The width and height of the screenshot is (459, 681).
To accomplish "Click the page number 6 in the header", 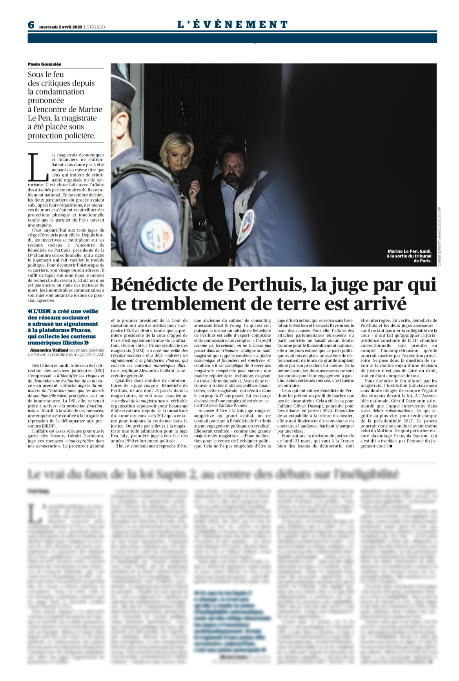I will point(31,25).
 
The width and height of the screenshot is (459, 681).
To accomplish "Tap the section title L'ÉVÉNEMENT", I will point(233,24).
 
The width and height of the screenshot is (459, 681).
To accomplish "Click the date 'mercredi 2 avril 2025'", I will point(60,27).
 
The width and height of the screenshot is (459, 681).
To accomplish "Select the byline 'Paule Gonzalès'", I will point(44,64).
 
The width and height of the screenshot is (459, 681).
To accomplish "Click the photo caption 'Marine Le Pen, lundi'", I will point(409,251).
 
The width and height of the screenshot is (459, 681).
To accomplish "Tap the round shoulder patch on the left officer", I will point(157,236).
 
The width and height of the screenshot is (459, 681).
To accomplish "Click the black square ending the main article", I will point(391,446).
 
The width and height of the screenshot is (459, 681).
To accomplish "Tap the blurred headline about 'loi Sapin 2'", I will point(213,474).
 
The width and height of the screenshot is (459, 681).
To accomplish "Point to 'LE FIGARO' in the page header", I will point(95,27).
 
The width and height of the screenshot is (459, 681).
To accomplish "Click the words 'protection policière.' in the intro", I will point(62,136).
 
